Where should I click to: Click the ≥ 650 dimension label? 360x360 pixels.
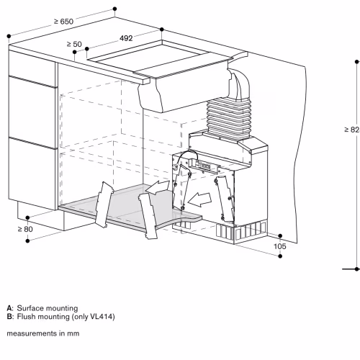pos(63,22)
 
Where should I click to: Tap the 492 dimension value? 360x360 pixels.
pos(126,38)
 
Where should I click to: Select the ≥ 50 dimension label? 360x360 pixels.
pos(74,44)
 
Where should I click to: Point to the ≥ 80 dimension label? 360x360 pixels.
pos(25,229)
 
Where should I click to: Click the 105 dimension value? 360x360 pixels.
pos(280,246)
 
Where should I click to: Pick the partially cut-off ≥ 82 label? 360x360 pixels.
pos(352,130)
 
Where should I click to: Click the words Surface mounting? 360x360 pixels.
pos(48,308)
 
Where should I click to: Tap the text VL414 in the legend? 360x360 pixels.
pos(101,317)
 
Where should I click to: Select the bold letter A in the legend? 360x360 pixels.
pos(10,308)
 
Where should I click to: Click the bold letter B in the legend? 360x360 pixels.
pos(10,317)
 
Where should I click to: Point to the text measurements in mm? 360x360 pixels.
pos(43,333)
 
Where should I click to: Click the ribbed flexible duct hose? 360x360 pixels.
pos(229,119)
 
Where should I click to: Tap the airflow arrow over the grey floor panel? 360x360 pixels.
pos(158,187)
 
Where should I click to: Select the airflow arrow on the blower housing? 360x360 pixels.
pos(199,199)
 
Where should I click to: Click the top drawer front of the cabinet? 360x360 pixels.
pos(32,64)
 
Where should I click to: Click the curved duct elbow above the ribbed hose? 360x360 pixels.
pos(240,84)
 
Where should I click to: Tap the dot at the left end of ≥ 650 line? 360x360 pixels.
pos(9,36)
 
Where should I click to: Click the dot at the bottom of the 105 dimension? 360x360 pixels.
pos(280,256)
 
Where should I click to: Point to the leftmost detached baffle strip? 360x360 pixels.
pos(104,204)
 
